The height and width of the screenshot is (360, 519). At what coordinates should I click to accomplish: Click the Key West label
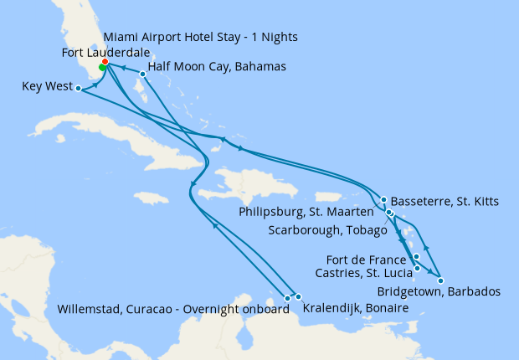point(43,85)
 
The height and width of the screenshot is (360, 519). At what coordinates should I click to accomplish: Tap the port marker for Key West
point(77,87)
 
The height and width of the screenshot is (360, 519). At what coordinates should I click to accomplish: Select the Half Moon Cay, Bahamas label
point(217,66)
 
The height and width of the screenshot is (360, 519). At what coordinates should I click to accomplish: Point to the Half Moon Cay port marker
point(143,75)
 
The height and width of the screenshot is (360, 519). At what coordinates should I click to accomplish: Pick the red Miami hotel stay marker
point(105,62)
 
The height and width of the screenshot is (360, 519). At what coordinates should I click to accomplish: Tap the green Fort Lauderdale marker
point(102,68)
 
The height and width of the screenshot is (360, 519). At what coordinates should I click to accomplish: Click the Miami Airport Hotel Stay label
point(200,38)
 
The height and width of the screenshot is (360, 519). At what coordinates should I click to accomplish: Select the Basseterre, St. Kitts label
point(444,201)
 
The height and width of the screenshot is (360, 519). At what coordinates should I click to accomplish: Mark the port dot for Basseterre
point(383,200)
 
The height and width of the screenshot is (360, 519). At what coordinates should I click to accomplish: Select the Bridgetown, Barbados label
point(439,292)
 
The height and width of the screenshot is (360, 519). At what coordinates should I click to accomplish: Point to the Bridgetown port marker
point(441,280)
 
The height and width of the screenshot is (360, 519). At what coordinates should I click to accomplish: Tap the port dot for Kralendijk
point(297,296)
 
